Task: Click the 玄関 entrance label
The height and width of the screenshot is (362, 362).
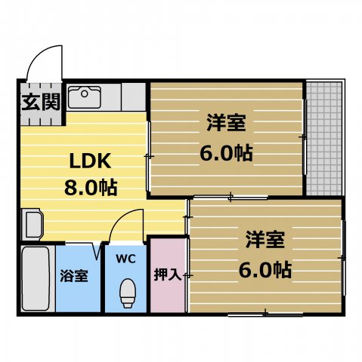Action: [x=40, y=103]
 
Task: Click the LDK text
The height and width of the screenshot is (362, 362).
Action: [x=91, y=161]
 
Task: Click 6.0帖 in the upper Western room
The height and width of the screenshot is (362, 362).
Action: [x=226, y=152]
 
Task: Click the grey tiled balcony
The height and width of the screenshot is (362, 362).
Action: [x=324, y=137]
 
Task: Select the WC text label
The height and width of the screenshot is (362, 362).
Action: [x=125, y=259]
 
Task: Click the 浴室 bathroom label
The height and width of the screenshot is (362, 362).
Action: [x=74, y=275]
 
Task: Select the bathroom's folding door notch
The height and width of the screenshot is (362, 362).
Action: [x=97, y=249]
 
